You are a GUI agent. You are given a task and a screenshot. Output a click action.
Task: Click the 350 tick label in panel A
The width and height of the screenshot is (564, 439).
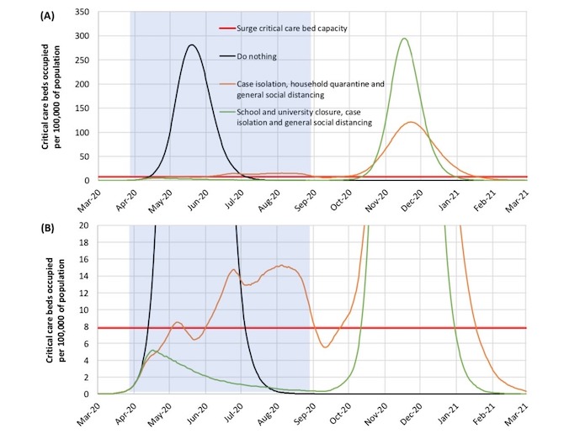click(81, 13)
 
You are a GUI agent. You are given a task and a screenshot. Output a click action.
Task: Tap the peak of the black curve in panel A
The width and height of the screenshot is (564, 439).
click(192, 45)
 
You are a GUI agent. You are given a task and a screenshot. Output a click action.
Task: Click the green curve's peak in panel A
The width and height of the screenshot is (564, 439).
click(405, 38)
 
